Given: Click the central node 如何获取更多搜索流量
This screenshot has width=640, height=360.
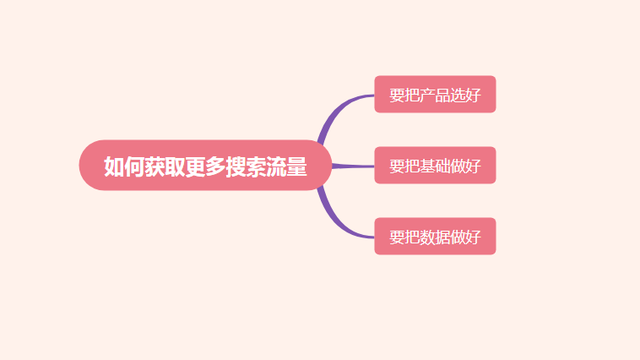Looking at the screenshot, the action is click(x=205, y=165).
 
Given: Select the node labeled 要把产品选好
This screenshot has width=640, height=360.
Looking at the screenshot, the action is click(x=435, y=94).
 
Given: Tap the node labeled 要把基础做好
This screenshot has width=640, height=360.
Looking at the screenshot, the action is click(x=435, y=165).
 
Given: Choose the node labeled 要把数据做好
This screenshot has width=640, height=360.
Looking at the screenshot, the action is click(x=435, y=237).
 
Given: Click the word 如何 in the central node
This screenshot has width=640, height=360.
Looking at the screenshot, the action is click(x=124, y=165).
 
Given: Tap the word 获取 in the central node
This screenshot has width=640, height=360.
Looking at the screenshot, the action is click(x=164, y=165).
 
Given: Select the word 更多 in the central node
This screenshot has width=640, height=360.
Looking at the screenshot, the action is click(x=205, y=165).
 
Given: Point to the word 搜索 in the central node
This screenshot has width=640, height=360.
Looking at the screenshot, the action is click(x=246, y=165).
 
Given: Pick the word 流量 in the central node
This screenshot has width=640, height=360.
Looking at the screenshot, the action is click(x=287, y=165).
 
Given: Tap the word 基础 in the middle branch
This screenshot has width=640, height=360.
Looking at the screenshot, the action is click(x=435, y=165).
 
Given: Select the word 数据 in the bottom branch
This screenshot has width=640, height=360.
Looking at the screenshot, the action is click(x=435, y=237).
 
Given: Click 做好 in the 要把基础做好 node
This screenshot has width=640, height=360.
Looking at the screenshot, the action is click(x=466, y=165).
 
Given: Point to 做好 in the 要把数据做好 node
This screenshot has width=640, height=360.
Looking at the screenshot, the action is click(x=466, y=237).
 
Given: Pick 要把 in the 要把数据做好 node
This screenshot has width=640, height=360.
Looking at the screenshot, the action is click(x=404, y=237).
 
